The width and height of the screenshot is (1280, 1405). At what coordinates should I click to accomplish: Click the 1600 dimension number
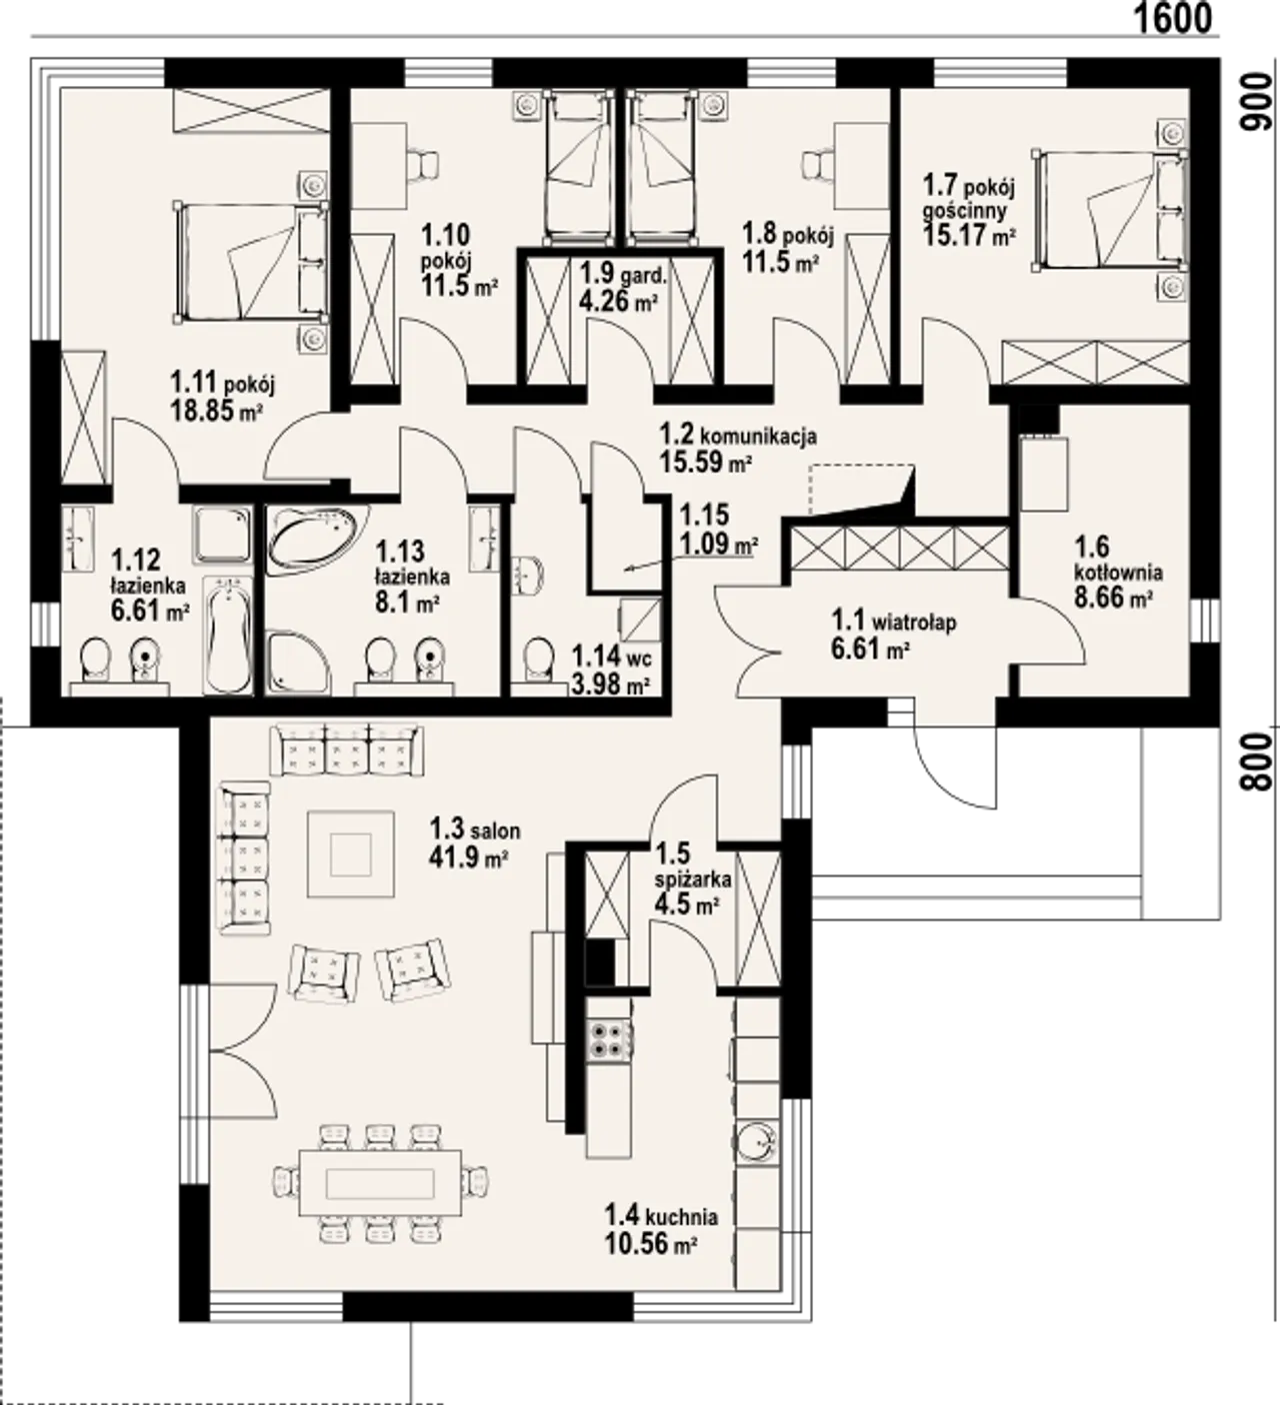[x=1172, y=18]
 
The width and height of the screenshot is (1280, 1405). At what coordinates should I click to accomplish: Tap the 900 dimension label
[x=1262, y=102]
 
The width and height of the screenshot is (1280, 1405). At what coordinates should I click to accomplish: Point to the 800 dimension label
[x=1262, y=761]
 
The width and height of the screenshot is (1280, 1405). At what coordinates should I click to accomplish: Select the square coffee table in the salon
[x=351, y=853]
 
